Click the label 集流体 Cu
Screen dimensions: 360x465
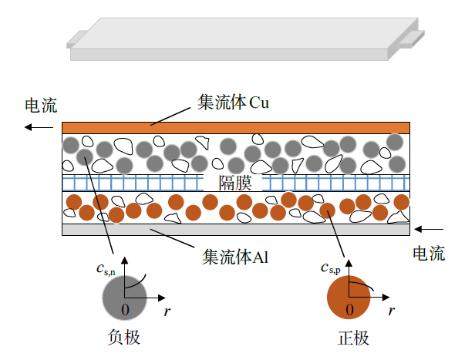pyautogui.click(x=232, y=103)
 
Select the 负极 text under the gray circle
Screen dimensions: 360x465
pyautogui.click(x=124, y=338)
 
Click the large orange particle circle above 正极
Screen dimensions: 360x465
pyautogui.click(x=349, y=298)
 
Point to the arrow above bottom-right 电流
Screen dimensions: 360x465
pyautogui.click(x=430, y=228)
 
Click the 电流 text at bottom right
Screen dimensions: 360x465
pyautogui.click(x=429, y=254)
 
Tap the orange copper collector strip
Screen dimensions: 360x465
pyautogui.click(x=235, y=127)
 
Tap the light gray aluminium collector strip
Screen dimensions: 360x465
pyautogui.click(x=235, y=229)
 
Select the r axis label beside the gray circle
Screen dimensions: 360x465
pyautogui.click(x=167, y=311)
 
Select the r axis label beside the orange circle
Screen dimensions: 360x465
pyautogui.click(x=393, y=311)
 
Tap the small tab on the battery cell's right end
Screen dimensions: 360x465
pyautogui.click(x=413, y=36)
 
